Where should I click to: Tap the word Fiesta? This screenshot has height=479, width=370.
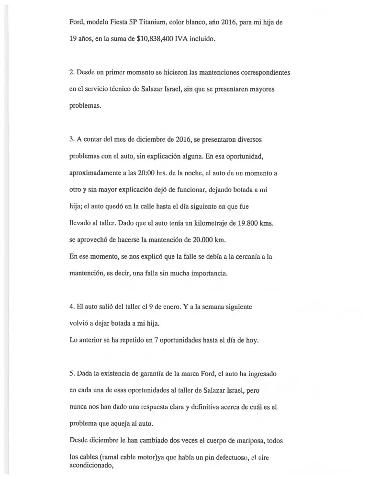(x=121, y=22)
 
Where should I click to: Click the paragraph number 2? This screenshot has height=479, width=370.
(x=71, y=72)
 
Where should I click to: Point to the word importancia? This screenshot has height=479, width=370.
(x=193, y=274)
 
